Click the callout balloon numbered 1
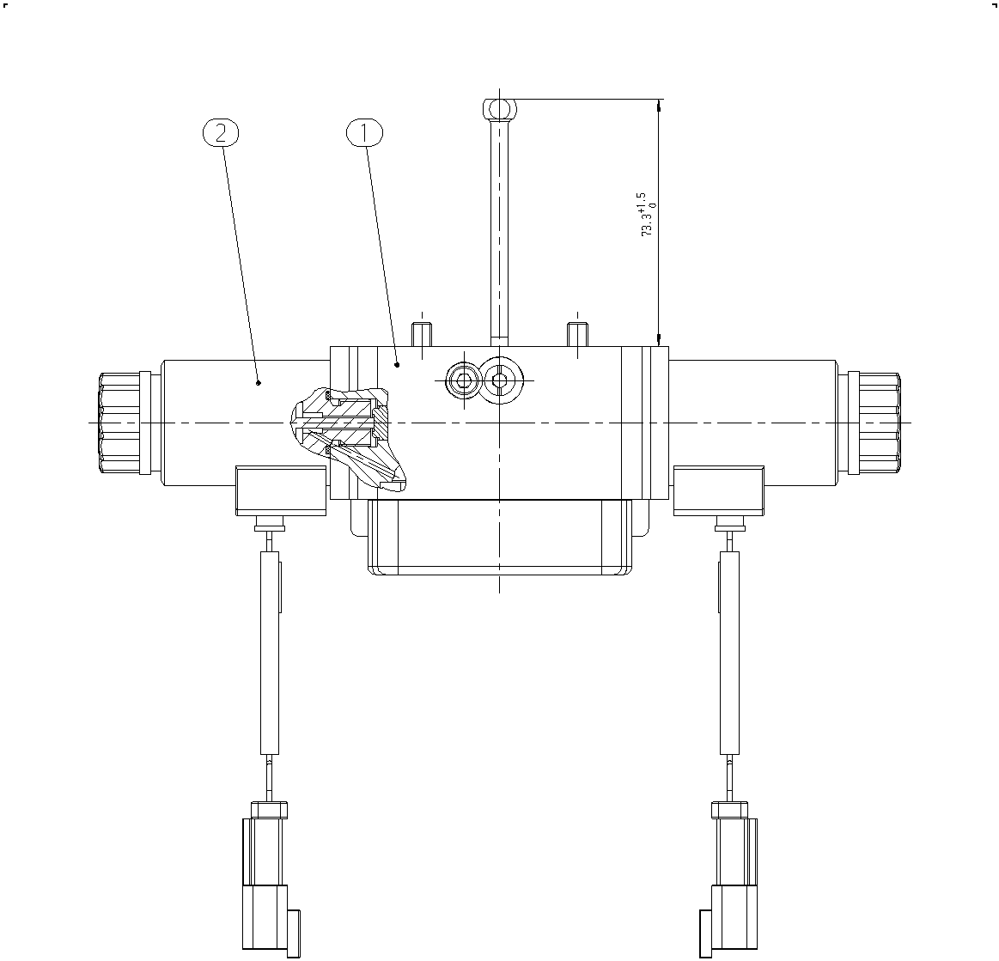[364, 133]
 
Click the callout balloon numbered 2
[221, 133]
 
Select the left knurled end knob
[119, 423]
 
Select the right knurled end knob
[880, 423]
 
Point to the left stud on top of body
[421, 334]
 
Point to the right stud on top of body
[577, 334]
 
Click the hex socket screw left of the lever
[463, 380]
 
